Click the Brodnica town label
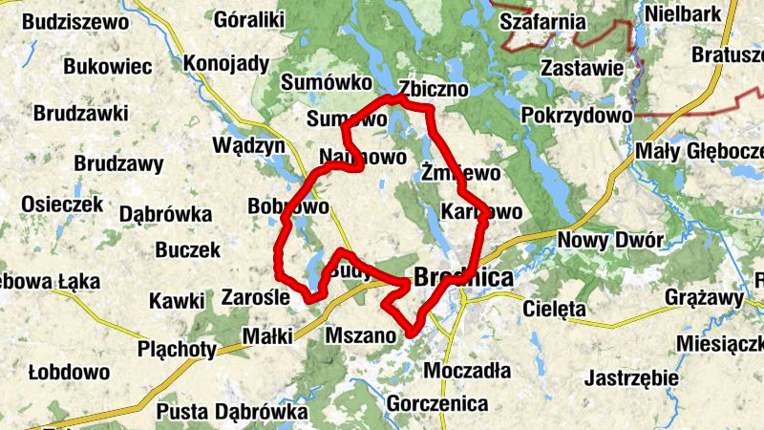pyautogui.click(x=463, y=278)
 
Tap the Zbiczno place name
pyautogui.click(x=434, y=89)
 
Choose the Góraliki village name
pyautogui.click(x=250, y=18)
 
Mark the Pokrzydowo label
pyautogui.click(x=577, y=116)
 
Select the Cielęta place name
pyautogui.click(x=554, y=309)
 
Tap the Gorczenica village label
pyautogui.click(x=437, y=404)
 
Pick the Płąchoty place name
pyautogui.click(x=177, y=349)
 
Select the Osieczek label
pyautogui.click(x=62, y=204)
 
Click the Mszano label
pyautogui.click(x=360, y=335)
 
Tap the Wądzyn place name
pyautogui.click(x=249, y=145)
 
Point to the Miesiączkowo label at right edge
pyautogui.click(x=720, y=343)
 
